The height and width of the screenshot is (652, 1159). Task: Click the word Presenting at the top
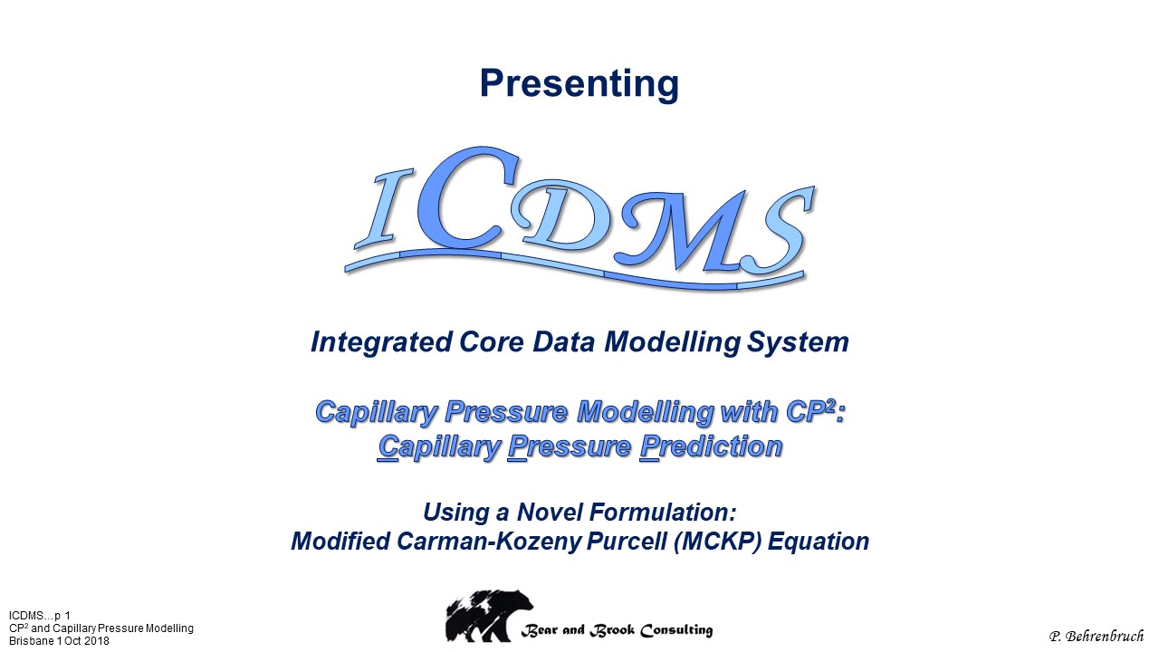579,84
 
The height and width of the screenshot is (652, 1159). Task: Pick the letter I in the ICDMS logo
384,208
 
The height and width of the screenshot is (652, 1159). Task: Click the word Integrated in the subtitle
381,343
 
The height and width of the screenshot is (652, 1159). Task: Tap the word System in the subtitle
798,343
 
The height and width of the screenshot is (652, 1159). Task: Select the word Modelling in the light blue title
646,413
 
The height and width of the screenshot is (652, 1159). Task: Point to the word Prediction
711,446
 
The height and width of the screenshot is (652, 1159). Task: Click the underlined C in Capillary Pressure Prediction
388,447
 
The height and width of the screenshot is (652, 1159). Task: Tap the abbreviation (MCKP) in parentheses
718,542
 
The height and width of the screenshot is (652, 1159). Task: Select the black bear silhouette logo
489,616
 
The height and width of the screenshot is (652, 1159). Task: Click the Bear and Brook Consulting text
617,630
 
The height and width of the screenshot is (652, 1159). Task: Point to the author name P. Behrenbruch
1097,636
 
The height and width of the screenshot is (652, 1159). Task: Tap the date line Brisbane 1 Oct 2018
59,641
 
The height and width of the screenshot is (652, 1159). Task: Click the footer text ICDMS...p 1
39,616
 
